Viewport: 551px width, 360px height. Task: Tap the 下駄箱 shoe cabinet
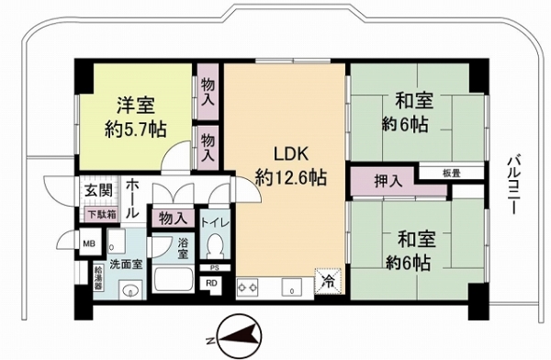(100, 213)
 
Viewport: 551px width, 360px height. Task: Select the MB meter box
(89, 243)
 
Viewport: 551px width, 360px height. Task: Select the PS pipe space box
(213, 268)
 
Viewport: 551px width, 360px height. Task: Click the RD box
(212, 283)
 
